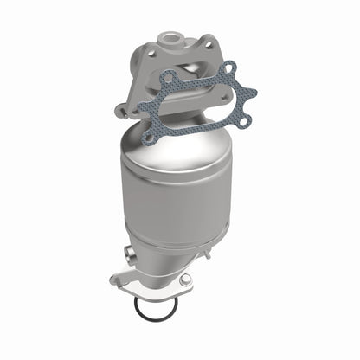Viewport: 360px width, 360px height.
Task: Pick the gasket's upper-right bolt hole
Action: coord(228,68)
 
